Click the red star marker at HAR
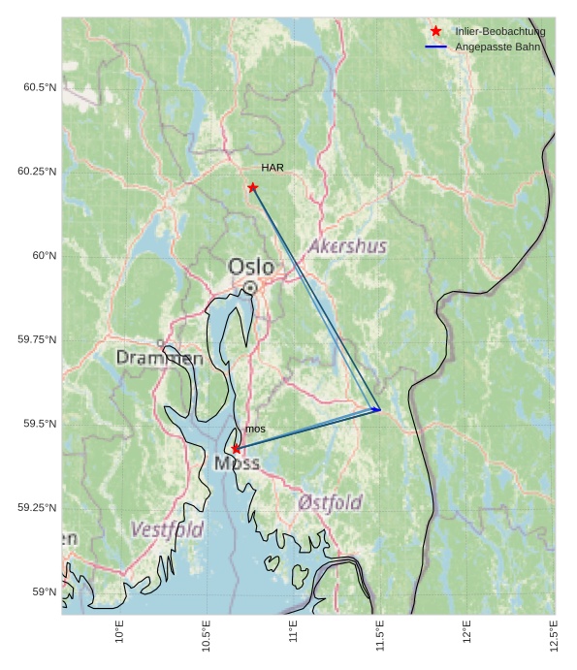tap(253, 187)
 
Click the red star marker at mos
tap(237, 449)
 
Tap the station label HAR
tap(272, 168)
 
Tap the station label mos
tap(255, 429)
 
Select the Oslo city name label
tap(251, 267)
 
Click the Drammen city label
tap(160, 359)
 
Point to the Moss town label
tap(237, 463)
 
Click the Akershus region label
tap(347, 247)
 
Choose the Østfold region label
tap(330, 502)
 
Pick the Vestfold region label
tap(167, 530)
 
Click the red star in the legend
tap(436, 31)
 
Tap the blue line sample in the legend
tap(436, 47)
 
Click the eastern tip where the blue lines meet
tap(380, 410)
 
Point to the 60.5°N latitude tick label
tap(40, 87)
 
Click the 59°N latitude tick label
tap(44, 591)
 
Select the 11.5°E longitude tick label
tap(380, 636)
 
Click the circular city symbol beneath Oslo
tap(250, 288)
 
